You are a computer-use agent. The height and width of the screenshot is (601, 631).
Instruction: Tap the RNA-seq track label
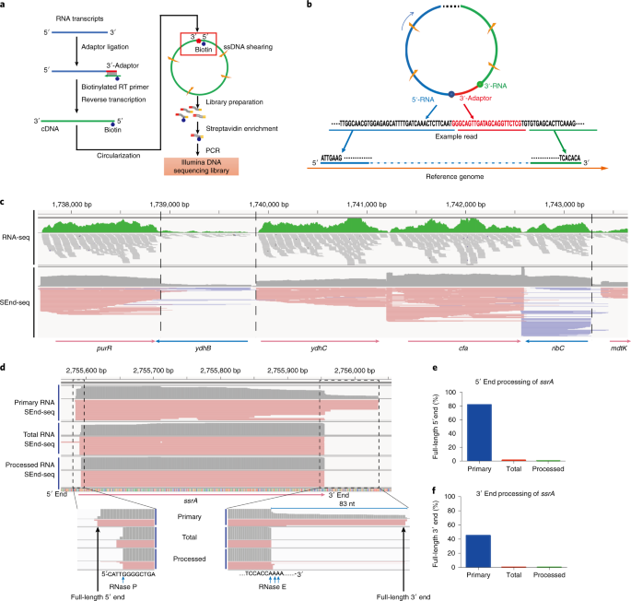(15, 236)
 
